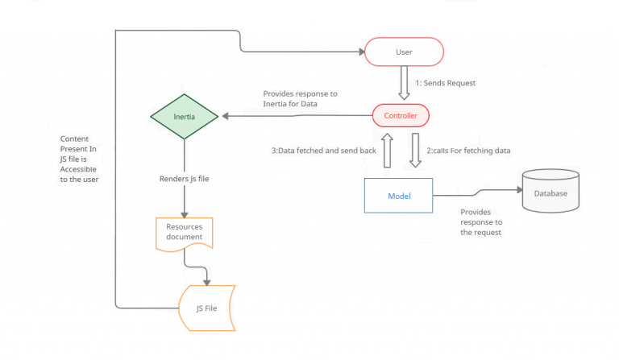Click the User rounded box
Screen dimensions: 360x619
[404, 52]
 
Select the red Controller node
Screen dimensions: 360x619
[400, 116]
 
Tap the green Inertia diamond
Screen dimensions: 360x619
[185, 116]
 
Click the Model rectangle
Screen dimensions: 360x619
[399, 196]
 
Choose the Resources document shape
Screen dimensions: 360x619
[185, 232]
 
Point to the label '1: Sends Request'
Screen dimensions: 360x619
[446, 83]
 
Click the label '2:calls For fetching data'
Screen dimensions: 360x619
[467, 151]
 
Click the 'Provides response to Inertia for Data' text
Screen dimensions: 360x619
[300, 98]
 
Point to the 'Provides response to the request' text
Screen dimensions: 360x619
[481, 222]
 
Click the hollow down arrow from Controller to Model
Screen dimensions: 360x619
[415, 151]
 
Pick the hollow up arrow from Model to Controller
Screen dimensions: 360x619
[387, 151]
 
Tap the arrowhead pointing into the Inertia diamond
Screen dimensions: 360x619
[226, 116]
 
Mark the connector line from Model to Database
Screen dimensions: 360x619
[476, 193]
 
